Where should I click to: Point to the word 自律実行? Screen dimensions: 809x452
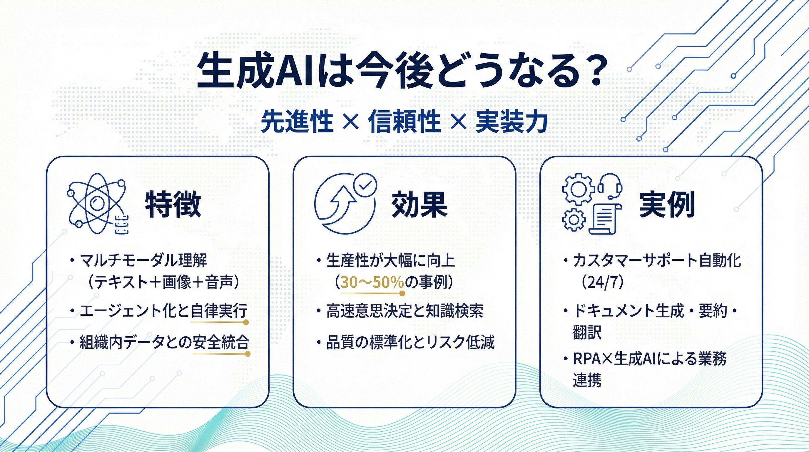[x=219, y=311]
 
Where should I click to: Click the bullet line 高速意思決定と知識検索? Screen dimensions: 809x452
[x=404, y=311]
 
